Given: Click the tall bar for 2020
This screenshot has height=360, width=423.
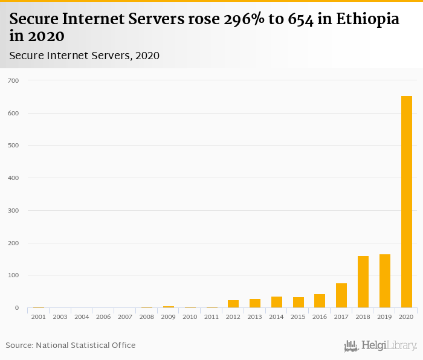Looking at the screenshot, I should point(407,202).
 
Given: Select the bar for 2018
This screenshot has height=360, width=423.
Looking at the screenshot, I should point(363,282).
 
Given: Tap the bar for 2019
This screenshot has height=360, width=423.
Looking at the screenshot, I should point(385,281).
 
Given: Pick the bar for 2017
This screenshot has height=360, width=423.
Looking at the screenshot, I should point(341,295).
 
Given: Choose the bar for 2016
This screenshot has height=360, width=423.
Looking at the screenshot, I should point(320,301).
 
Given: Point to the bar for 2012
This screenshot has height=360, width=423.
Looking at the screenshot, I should point(233,304).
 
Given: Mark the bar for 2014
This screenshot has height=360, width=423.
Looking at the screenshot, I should point(277,302).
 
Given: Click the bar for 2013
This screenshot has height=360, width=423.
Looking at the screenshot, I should point(255,303).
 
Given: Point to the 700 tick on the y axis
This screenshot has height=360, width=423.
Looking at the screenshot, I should point(13,80).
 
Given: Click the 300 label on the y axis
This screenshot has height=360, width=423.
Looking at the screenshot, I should point(13,211).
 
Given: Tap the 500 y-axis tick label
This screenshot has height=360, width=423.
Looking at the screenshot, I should point(13,146).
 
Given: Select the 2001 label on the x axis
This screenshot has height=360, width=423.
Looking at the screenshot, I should point(38,317).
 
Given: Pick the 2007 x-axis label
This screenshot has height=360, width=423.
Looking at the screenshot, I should point(125,317).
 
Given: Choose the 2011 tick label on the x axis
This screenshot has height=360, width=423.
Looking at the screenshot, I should point(211,317).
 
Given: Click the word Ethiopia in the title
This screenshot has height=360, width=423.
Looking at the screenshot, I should point(368,19).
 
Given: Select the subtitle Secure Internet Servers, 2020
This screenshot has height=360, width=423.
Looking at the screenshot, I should point(85,56).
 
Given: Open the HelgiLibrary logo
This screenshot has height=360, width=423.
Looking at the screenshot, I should point(381,346).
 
